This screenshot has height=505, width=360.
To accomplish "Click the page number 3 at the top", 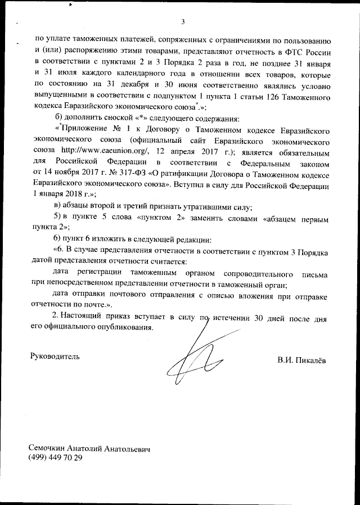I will click(x=183, y=22).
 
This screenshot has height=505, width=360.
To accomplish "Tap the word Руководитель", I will click(x=54, y=356).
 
